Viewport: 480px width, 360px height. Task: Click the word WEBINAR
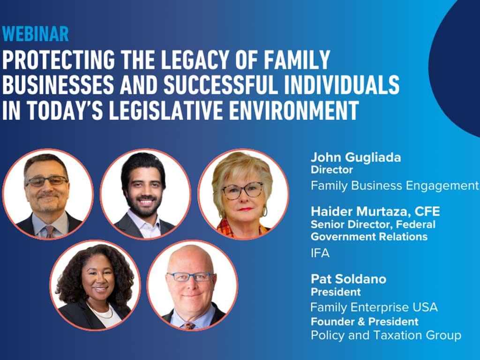[x=36, y=34]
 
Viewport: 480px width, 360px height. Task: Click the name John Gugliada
[x=356, y=157]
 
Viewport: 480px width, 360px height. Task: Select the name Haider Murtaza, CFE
[x=375, y=211]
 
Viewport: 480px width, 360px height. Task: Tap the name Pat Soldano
[x=348, y=279]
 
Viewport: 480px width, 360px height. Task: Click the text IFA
[x=320, y=253]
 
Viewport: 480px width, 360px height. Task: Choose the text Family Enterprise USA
[x=374, y=307]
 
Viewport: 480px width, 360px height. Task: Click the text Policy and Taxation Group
[x=386, y=335]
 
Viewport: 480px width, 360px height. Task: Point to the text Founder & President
[x=365, y=322]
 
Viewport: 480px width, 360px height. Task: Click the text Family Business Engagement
[x=395, y=186]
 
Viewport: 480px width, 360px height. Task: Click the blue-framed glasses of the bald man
[x=190, y=277]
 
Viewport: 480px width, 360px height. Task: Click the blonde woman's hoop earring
[x=264, y=211]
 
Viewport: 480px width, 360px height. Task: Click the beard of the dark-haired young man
[x=144, y=208]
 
